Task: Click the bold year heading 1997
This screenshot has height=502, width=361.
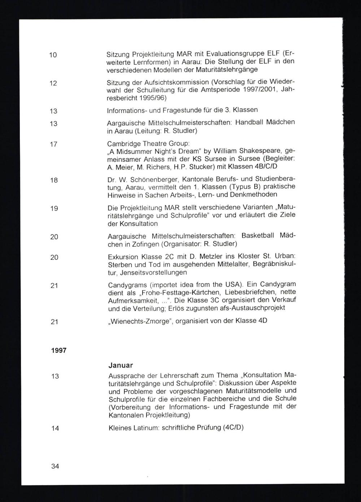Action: tap(58, 350)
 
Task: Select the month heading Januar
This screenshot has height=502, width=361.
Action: tap(120, 365)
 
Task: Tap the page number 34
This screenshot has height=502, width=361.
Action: tap(55, 466)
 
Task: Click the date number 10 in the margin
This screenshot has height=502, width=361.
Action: tap(53, 55)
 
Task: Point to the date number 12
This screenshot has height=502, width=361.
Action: tap(53, 83)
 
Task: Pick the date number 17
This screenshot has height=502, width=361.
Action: tap(53, 144)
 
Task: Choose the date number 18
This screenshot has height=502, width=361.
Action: tap(54, 180)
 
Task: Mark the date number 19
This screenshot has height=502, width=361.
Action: tap(54, 208)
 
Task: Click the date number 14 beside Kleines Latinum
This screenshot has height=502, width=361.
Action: tap(55, 428)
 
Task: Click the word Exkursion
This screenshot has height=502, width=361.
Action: tap(123, 257)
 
